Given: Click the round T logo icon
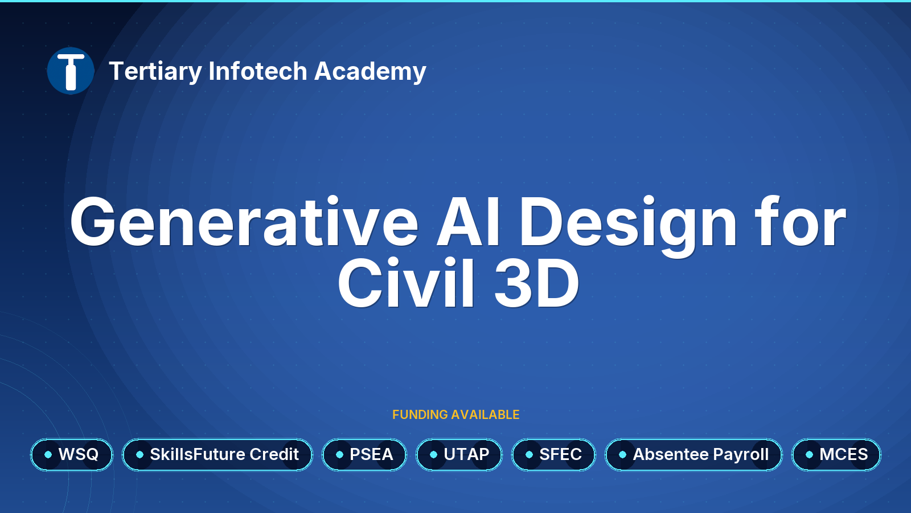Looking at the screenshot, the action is pyautogui.click(x=71, y=71).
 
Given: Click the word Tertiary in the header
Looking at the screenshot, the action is pyautogui.click(x=155, y=72).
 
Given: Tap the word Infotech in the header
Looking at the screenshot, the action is pyautogui.click(x=258, y=71).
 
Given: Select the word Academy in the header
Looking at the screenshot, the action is pyautogui.click(x=370, y=72).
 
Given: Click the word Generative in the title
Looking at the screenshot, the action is pyautogui.click(x=244, y=222).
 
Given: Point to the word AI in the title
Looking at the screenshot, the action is pyautogui.click(x=467, y=222).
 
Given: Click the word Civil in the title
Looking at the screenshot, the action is pyautogui.click(x=407, y=283).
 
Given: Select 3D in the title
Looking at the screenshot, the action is pyautogui.click(x=537, y=283).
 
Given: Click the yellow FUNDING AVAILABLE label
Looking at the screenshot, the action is pyautogui.click(x=455, y=414).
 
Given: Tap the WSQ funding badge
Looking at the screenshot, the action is pyautogui.click(x=72, y=454).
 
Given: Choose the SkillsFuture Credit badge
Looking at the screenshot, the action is pyautogui.click(x=218, y=454).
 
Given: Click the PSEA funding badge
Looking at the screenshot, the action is pyautogui.click(x=364, y=454).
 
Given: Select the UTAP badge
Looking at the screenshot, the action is pyautogui.click(x=459, y=454).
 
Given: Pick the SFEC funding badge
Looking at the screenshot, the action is pyautogui.click(x=553, y=454).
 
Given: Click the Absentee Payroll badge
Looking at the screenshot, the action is pyautogui.click(x=694, y=454).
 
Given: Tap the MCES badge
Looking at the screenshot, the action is pyautogui.click(x=836, y=454).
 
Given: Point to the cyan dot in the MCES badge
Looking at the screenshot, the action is pyautogui.click(x=809, y=454).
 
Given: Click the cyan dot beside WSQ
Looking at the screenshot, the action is pyautogui.click(x=48, y=454).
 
